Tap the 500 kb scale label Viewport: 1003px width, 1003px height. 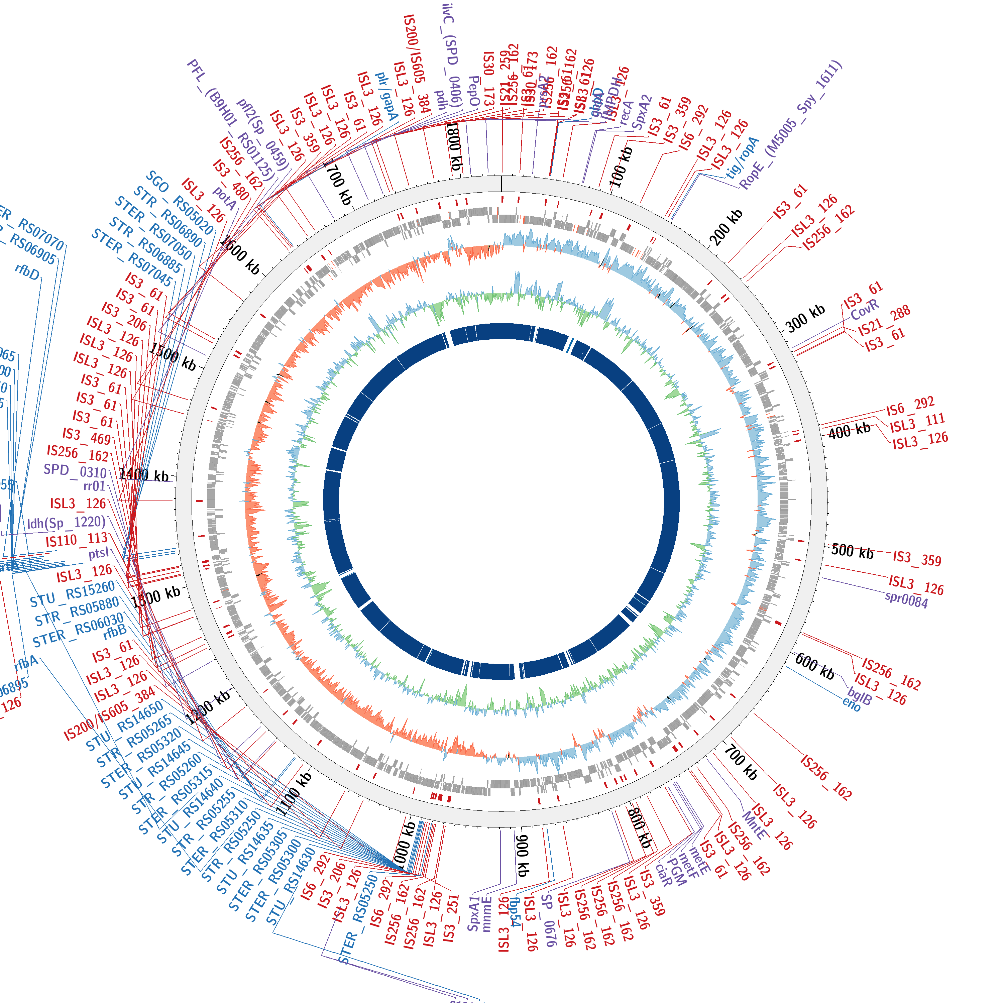(852, 551)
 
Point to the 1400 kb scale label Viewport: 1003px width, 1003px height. (144, 474)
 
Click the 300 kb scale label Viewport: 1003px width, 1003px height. (805, 318)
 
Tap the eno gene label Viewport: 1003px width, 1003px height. (852, 704)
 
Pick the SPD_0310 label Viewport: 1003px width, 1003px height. (75, 470)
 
